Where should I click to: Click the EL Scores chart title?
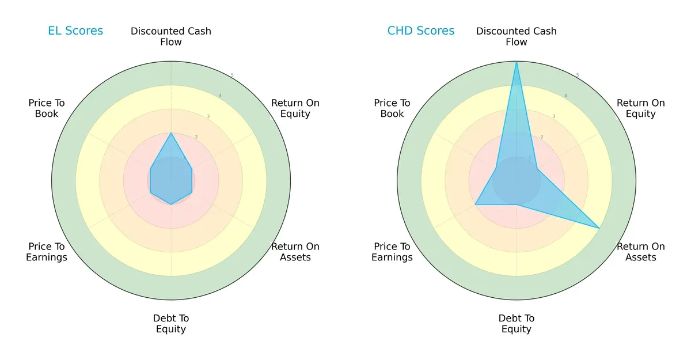click(75, 31)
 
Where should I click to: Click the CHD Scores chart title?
click(420, 31)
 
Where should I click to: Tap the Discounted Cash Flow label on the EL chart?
click(171, 36)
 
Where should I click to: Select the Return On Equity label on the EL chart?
click(295, 108)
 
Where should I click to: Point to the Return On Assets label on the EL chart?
click(295, 252)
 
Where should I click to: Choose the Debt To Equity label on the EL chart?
click(171, 324)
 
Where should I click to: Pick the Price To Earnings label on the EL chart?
click(47, 252)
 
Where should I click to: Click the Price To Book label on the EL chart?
click(47, 108)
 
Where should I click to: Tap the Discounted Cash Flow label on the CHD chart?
click(517, 36)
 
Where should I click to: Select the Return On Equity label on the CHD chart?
click(640, 108)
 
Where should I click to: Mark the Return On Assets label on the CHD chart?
click(640, 252)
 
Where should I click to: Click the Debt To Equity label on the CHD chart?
click(517, 324)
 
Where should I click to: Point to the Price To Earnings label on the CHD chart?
click(392, 252)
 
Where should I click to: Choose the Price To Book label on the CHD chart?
click(392, 108)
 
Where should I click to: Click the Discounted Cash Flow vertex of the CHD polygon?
click(517, 62)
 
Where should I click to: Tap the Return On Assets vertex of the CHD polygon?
click(599, 228)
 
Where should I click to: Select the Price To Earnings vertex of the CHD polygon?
click(475, 204)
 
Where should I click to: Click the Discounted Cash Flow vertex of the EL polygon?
click(171, 133)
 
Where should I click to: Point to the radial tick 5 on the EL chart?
click(232, 75)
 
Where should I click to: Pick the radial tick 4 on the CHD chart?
click(565, 96)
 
